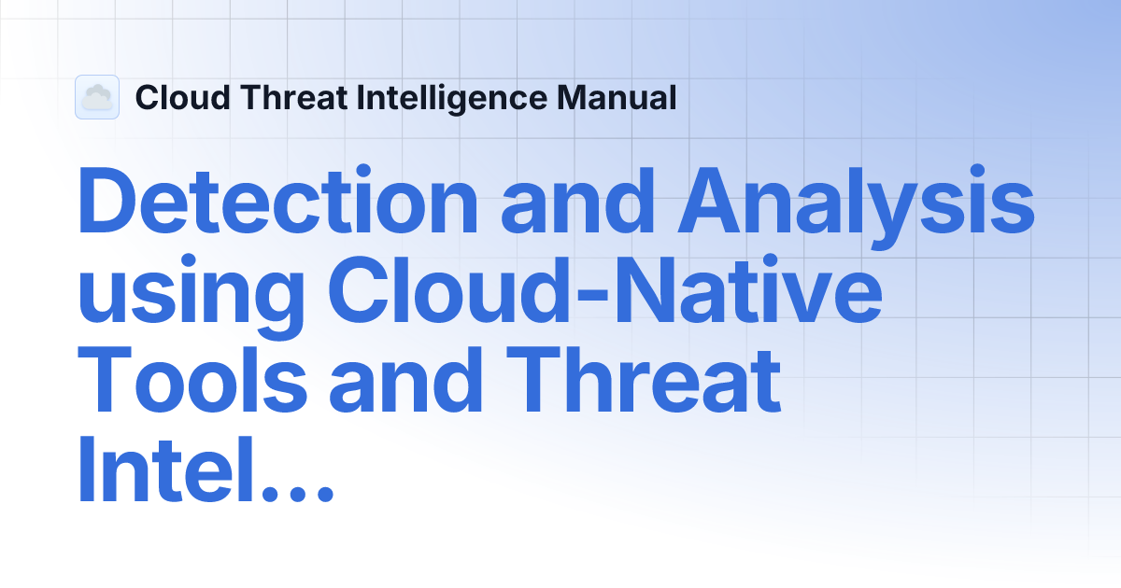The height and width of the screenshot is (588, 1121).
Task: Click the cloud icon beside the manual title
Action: pyautogui.click(x=96, y=97)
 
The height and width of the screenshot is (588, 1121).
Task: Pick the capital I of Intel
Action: pyautogui.click(x=87, y=471)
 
